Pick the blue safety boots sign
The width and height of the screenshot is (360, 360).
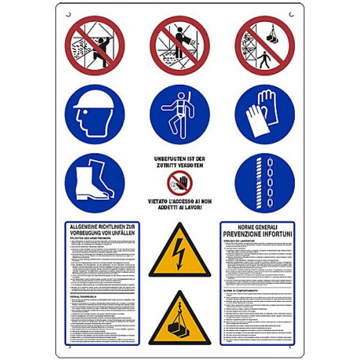pos(94,183)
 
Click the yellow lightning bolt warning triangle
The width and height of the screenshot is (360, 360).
pos(180,251)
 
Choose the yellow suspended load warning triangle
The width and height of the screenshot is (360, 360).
pos(180,321)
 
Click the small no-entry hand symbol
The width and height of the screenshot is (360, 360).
pos(180,183)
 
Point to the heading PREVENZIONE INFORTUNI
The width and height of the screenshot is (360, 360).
pos(256,233)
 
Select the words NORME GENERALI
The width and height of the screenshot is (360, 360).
pos(256,226)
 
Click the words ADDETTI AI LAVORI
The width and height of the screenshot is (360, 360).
pos(180,208)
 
